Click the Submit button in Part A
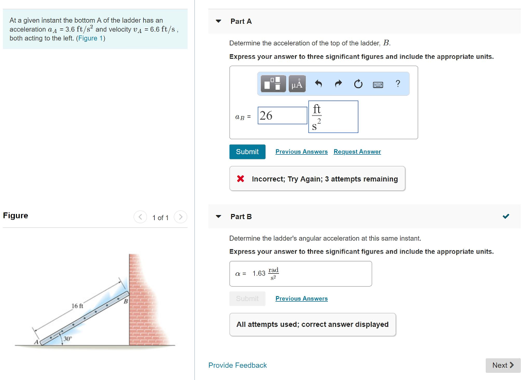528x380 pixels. pos(247,152)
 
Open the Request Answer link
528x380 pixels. pos(357,152)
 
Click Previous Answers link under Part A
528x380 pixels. pos(301,152)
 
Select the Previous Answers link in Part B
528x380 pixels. pos(301,299)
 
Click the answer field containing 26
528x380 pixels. pos(282,115)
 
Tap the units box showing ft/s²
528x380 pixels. pos(333,117)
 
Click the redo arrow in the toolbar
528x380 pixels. pos(338,84)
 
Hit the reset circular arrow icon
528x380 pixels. pos(358,84)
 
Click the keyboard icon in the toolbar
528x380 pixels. pos(377,84)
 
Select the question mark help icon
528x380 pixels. pos(398,84)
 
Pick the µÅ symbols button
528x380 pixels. pos(297,84)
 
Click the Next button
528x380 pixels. pos(503,365)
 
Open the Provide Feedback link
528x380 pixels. pos(237,365)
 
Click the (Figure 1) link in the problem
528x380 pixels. pos(91,38)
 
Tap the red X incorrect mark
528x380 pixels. pos(240,179)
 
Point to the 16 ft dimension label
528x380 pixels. pos(77,306)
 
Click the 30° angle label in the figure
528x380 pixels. pos(68,338)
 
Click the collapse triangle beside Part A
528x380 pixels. pos(218,21)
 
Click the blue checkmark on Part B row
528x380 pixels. pos(506,217)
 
